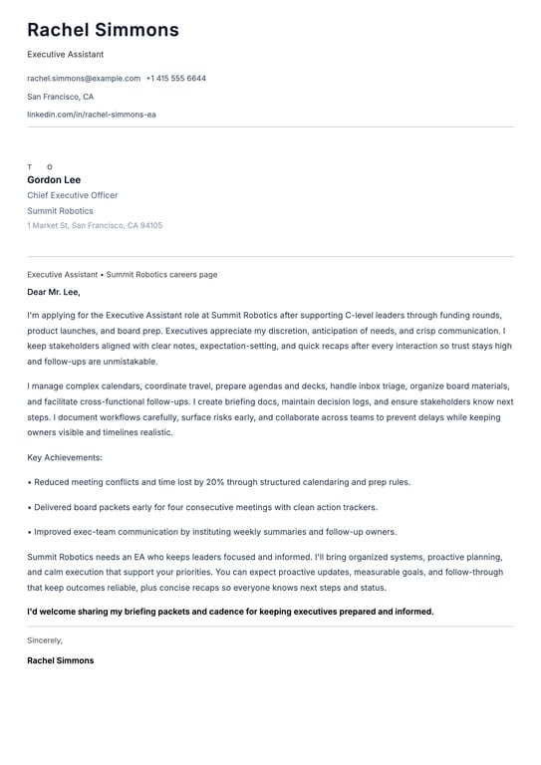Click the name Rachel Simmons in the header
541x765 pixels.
pyautogui.click(x=103, y=30)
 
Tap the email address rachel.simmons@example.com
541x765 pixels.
pyautogui.click(x=84, y=78)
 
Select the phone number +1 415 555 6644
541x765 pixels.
pyautogui.click(x=176, y=78)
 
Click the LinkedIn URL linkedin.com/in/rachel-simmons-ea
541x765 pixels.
pyautogui.click(x=92, y=115)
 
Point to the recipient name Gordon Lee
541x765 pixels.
pyautogui.click(x=54, y=180)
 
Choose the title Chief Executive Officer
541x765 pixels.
pyautogui.click(x=72, y=195)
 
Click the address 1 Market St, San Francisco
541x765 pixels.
pyautogui.click(x=95, y=226)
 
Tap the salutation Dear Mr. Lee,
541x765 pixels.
pyautogui.click(x=54, y=293)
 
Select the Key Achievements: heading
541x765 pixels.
pyautogui.click(x=65, y=457)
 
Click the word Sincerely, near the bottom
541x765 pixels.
pyautogui.click(x=45, y=640)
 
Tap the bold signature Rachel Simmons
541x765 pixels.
pyautogui.click(x=61, y=660)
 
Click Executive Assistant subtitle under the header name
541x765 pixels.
pyautogui.click(x=65, y=54)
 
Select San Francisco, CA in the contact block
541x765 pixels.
pyautogui.click(x=60, y=97)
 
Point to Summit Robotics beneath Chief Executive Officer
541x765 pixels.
pyautogui.click(x=60, y=211)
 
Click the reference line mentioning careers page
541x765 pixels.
pyautogui.click(x=122, y=275)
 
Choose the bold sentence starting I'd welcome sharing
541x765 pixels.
pyautogui.click(x=230, y=612)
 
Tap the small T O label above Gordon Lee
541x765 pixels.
pyautogui.click(x=40, y=167)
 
